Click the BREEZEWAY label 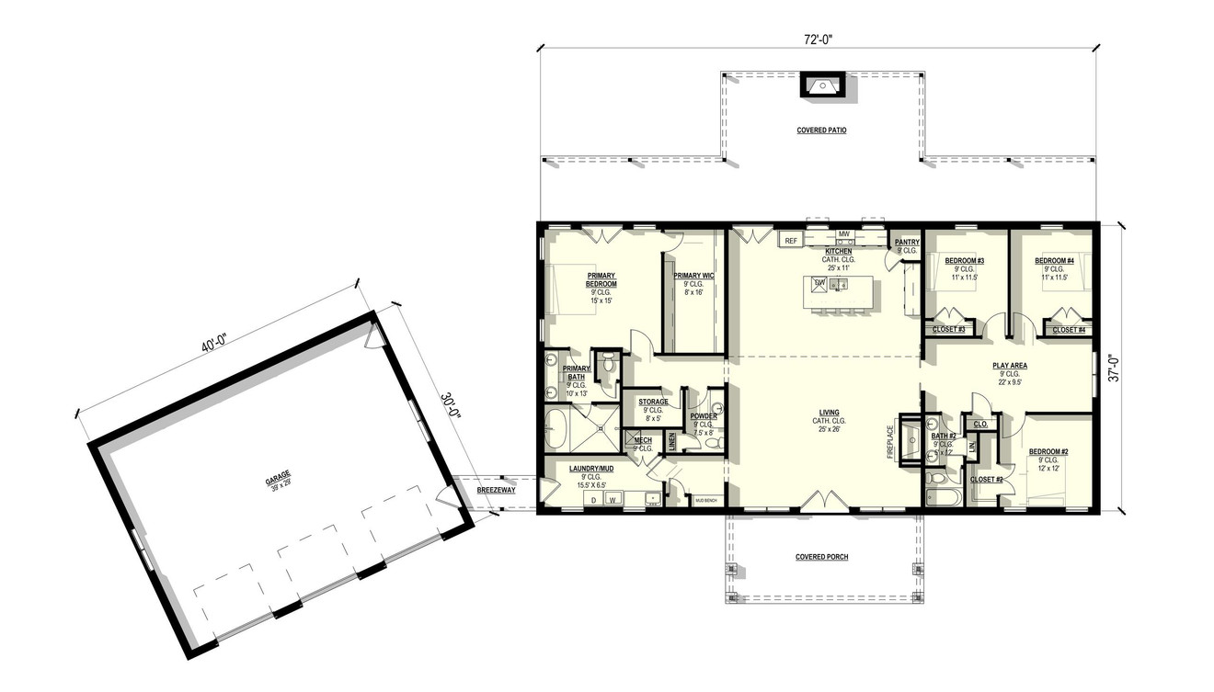(x=496, y=491)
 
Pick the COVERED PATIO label (x=821, y=130)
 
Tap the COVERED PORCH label (x=821, y=557)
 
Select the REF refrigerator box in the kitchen (x=791, y=241)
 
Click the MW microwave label (x=842, y=234)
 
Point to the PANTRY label (x=907, y=243)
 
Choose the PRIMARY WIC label (x=693, y=276)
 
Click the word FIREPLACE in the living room (x=890, y=442)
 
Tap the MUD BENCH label (x=705, y=500)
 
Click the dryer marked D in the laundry (x=593, y=500)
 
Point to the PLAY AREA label (x=1010, y=366)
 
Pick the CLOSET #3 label (x=948, y=329)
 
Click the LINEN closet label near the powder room (x=671, y=442)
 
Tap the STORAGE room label (x=653, y=402)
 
